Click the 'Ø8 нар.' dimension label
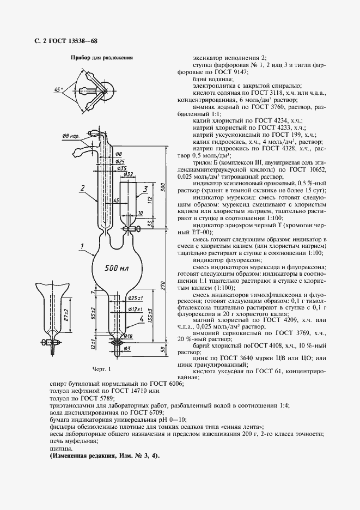[x=70, y=136]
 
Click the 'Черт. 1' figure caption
[x=101, y=370]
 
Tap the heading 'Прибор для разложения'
[x=101, y=57]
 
